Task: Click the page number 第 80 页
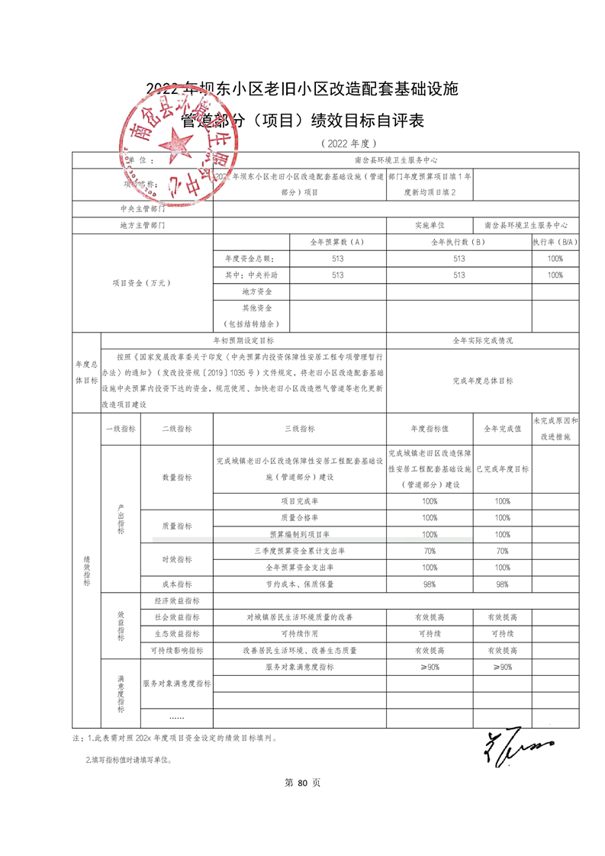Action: pos(302,783)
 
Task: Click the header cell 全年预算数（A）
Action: pos(337,242)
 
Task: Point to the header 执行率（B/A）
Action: pos(555,242)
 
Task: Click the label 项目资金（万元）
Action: pos(142,283)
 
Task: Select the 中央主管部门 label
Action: pos(142,208)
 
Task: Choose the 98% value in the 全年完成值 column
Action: pos(502,584)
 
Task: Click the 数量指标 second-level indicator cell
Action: pos(177,477)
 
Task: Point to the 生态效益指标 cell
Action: pos(177,634)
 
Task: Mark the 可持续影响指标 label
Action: pos(177,651)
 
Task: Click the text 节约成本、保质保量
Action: pos(300,584)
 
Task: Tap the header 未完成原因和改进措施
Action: pos(555,430)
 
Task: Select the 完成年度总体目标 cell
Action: pos(482,379)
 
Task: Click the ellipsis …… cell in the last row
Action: pos(177,718)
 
